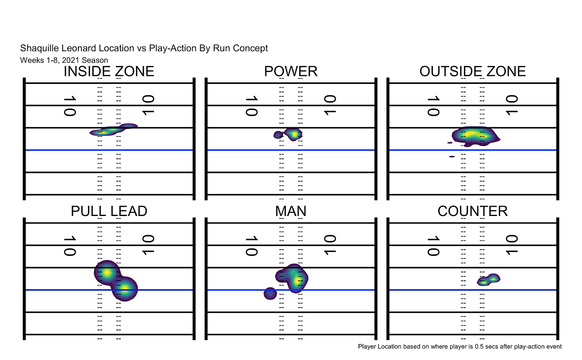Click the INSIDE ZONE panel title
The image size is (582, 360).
[109, 72]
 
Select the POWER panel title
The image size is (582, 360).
[291, 72]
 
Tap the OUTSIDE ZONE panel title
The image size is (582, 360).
[472, 72]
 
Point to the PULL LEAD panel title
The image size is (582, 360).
[109, 211]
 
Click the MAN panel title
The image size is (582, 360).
[291, 211]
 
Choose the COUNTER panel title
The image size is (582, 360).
[472, 211]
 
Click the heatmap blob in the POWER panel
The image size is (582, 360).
[293, 134]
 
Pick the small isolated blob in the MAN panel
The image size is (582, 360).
[270, 294]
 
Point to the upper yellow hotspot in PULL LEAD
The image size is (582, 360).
[107, 272]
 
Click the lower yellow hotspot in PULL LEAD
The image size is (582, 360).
[125, 288]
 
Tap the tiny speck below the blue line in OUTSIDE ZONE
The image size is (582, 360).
[452, 156]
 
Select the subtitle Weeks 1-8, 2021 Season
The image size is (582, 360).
[64, 60]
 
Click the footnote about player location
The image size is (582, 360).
[460, 346]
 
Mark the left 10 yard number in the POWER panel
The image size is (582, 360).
[251, 106]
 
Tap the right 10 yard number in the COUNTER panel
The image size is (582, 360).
[512, 245]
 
